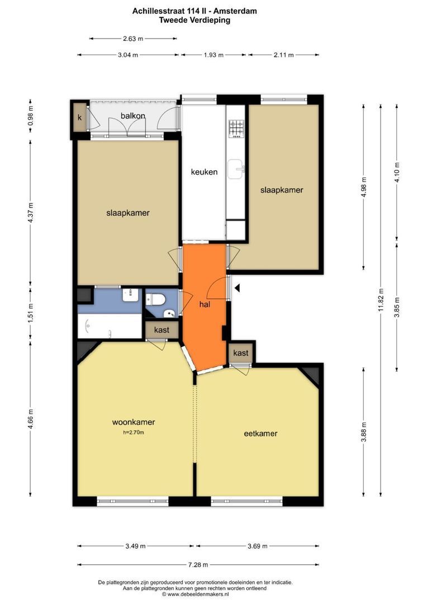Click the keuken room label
(x=204, y=172)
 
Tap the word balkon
(x=133, y=116)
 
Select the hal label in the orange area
(x=205, y=304)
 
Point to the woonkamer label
(x=134, y=422)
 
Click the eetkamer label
(x=260, y=433)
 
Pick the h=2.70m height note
(x=134, y=432)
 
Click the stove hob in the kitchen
(x=236, y=129)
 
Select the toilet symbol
(x=156, y=299)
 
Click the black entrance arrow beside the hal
(x=237, y=288)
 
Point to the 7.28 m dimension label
(x=198, y=565)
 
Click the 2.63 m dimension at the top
(x=133, y=39)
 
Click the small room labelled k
(x=80, y=117)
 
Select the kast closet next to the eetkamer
(x=241, y=353)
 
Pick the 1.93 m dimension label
(x=214, y=55)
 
